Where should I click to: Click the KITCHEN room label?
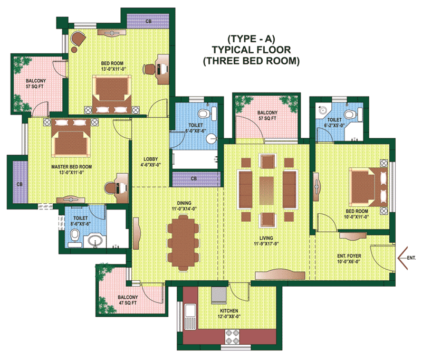point(229,310)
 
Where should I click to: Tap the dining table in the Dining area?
point(184,242)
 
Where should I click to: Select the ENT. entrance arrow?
point(403,258)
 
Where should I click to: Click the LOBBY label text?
point(150,159)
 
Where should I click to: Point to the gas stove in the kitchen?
point(232,336)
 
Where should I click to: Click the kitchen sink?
point(190,316)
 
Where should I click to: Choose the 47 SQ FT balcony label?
point(128,303)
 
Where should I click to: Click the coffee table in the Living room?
point(266,191)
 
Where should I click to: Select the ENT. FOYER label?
point(349,256)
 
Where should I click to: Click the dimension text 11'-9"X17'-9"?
point(266,244)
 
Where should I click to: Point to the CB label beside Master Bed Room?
point(20,184)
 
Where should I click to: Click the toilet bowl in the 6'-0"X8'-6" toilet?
point(204,113)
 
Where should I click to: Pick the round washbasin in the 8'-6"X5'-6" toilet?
point(94,240)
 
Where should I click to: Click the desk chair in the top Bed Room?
point(149,69)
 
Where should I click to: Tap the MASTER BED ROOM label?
point(72,167)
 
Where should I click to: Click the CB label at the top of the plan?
point(148,21)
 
